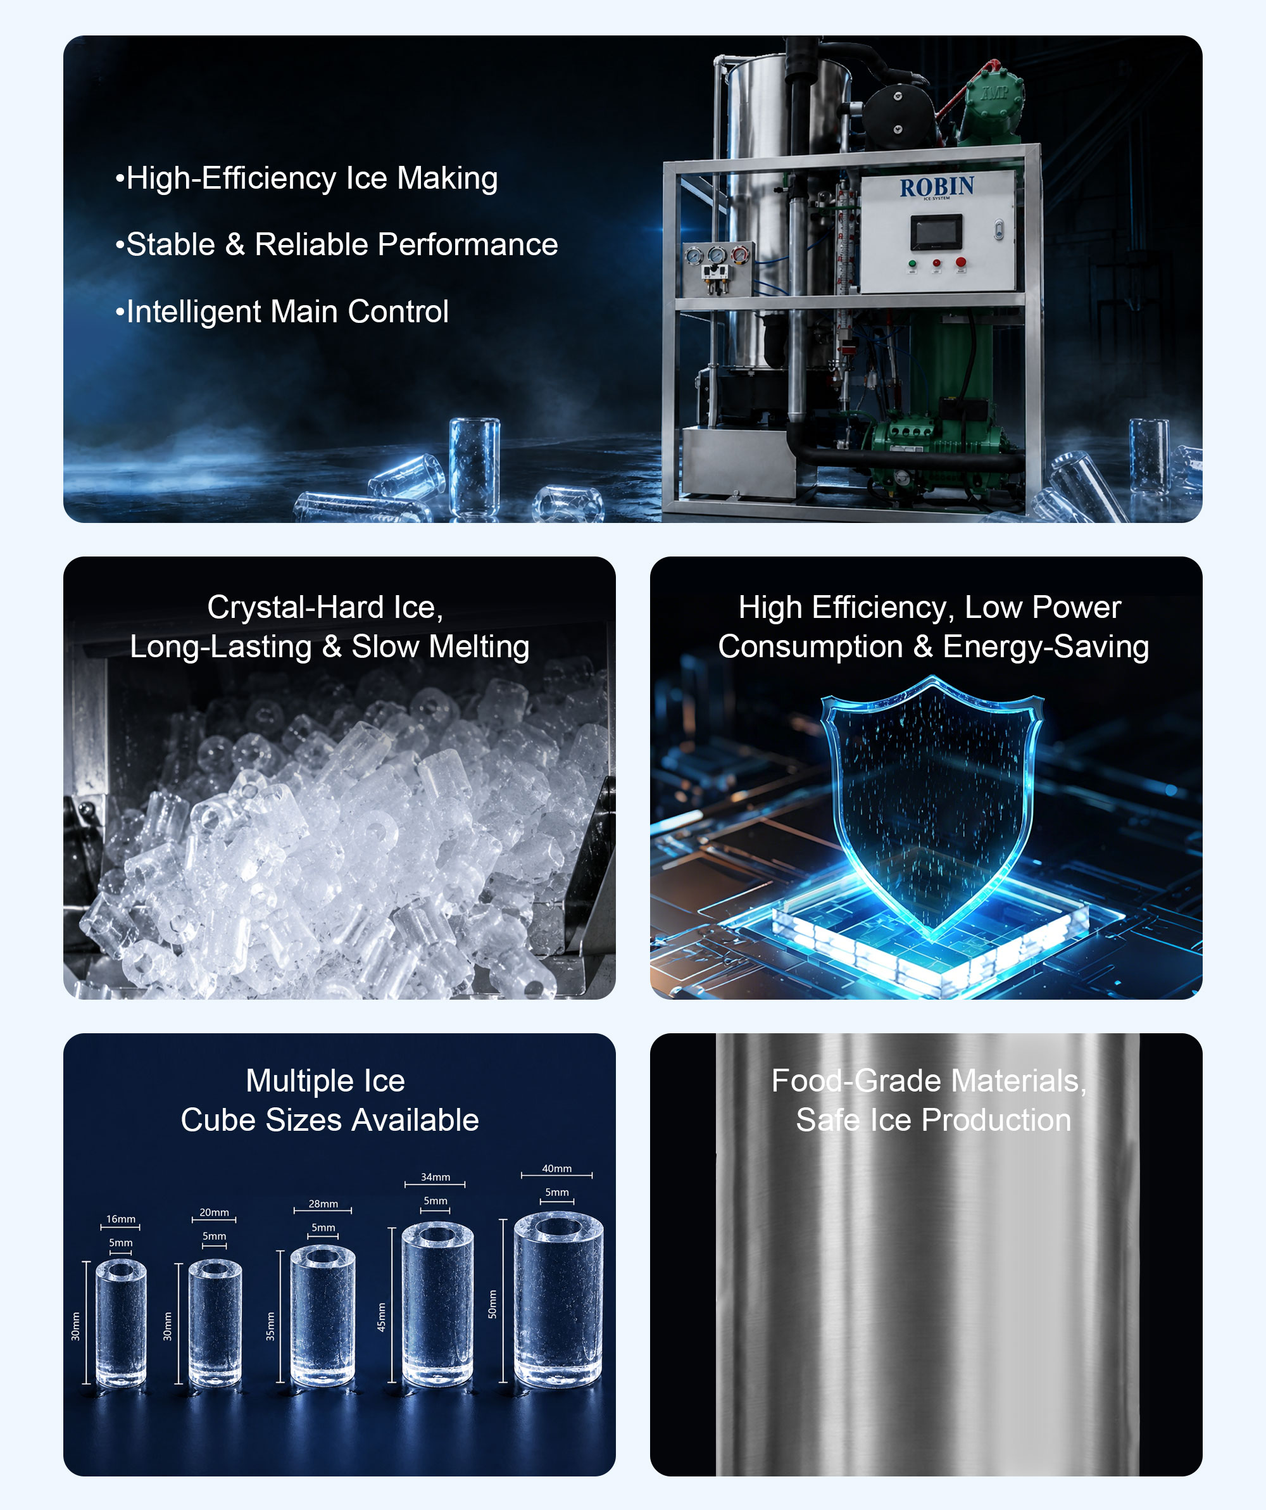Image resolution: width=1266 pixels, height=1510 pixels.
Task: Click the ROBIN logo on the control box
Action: click(x=937, y=187)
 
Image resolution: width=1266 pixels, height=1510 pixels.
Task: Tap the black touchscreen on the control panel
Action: click(x=937, y=233)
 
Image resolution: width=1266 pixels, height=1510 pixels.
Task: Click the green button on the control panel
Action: click(x=912, y=264)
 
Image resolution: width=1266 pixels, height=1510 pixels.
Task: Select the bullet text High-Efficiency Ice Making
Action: click(x=306, y=179)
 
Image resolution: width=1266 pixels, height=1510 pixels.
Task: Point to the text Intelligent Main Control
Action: click(x=282, y=311)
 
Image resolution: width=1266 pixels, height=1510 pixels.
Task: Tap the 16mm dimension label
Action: click(x=121, y=1219)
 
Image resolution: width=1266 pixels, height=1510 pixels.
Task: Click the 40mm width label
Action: click(x=557, y=1169)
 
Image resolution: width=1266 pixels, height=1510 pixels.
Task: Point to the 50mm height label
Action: click(x=492, y=1304)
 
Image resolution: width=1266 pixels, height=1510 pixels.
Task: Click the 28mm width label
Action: click(x=323, y=1204)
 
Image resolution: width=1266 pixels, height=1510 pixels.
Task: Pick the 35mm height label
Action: click(x=270, y=1326)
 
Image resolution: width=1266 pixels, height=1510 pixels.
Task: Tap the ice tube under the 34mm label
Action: click(x=437, y=1304)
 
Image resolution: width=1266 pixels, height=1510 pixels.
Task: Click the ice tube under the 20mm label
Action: click(x=215, y=1323)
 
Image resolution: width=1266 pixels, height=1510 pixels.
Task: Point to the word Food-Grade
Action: click(x=856, y=1081)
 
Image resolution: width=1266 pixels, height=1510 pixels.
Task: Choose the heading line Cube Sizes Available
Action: click(x=329, y=1119)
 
